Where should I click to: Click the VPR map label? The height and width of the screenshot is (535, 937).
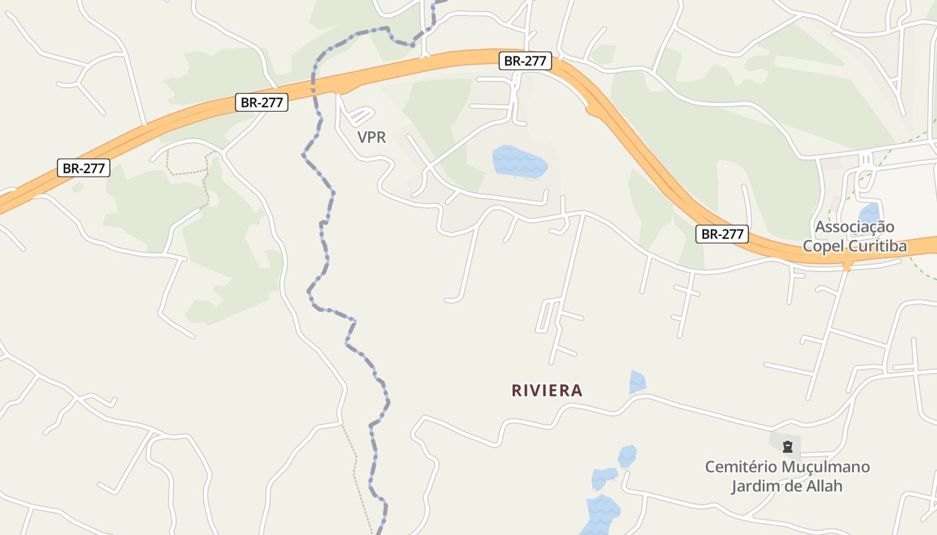click(371, 138)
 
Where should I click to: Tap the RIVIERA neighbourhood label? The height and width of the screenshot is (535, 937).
click(547, 391)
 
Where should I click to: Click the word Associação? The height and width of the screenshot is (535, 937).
click(854, 227)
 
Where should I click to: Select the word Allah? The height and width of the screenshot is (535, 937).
click(823, 486)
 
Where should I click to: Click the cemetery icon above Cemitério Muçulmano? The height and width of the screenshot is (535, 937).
click(788, 446)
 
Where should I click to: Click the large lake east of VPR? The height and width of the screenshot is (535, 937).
click(519, 162)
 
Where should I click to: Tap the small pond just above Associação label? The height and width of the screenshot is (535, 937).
click(869, 213)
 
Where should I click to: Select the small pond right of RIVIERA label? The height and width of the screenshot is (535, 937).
click(637, 382)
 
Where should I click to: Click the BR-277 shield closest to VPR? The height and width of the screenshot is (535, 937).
click(262, 103)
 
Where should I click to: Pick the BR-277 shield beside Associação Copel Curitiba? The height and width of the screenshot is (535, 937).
click(721, 234)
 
